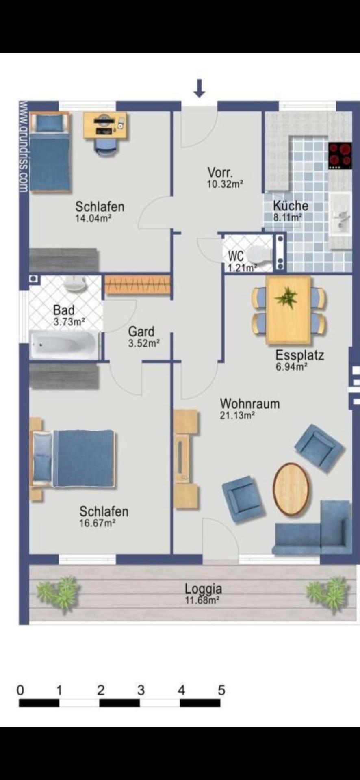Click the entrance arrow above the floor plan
pyautogui.click(x=199, y=89)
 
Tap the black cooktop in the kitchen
pyautogui.click(x=340, y=156)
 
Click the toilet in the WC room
pyautogui.click(x=259, y=255)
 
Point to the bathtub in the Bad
pyautogui.click(x=65, y=345)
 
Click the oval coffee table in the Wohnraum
pyautogui.click(x=290, y=489)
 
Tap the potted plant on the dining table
pyautogui.click(x=287, y=297)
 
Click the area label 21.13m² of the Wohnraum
pyautogui.click(x=237, y=416)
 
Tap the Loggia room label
pyautogui.click(x=203, y=588)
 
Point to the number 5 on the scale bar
pyautogui.click(x=221, y=690)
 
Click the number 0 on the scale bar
pyautogui.click(x=20, y=690)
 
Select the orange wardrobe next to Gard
pyautogui.click(x=137, y=284)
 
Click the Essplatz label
pyautogui.click(x=299, y=355)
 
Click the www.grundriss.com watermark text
pyautogui.click(x=23, y=146)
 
